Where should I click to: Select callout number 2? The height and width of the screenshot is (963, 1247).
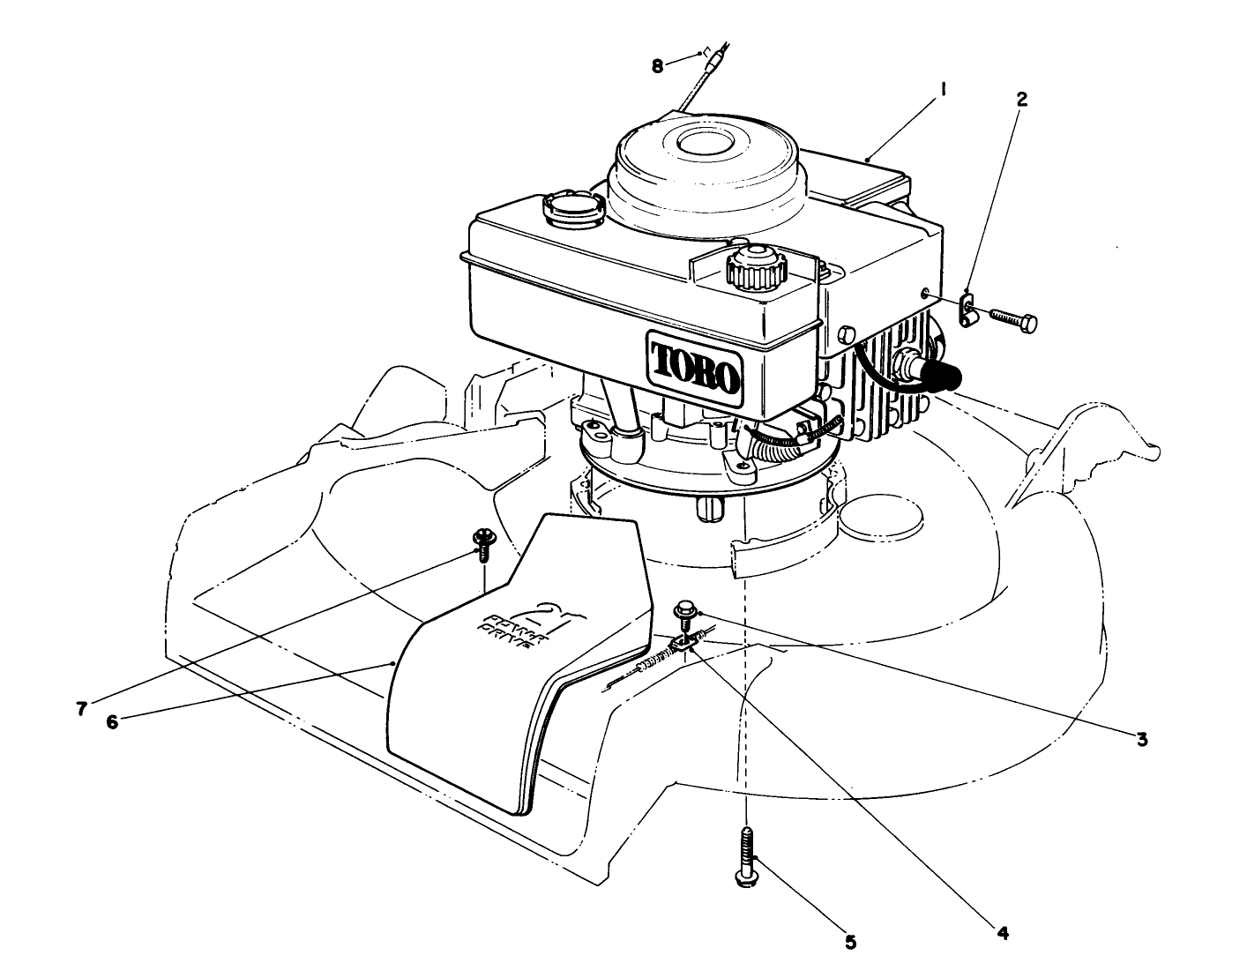pos(1021,100)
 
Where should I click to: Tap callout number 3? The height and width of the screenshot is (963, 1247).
pos(1141,739)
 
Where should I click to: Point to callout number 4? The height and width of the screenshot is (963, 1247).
pos(1003,931)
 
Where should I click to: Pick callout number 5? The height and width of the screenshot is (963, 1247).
pos(850,942)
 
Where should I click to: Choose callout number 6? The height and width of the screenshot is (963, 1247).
pos(112,720)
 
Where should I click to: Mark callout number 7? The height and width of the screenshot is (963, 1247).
pos(81,708)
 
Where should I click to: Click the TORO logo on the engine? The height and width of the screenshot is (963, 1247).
pos(695,364)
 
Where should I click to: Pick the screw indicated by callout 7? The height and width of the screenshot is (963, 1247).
pos(482,541)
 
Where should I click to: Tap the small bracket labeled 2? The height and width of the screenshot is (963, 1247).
pos(968,310)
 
